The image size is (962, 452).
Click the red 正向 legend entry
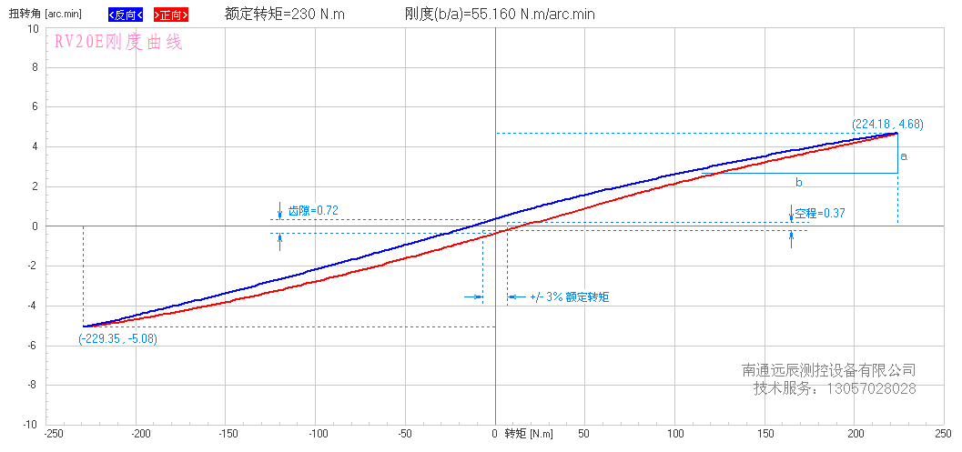click(x=171, y=15)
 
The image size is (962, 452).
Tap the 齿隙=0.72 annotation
click(x=313, y=211)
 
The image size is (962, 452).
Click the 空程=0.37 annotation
click(x=820, y=214)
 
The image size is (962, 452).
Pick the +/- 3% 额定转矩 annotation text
click(x=569, y=296)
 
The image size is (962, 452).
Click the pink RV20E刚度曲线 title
click(x=118, y=43)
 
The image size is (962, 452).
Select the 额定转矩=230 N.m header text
click(x=285, y=15)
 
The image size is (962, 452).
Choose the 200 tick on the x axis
click(x=855, y=435)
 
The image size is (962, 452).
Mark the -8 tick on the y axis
click(x=32, y=385)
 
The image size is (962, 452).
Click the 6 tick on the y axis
click(x=35, y=106)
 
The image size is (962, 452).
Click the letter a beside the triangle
click(x=904, y=156)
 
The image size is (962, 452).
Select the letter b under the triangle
click(x=798, y=183)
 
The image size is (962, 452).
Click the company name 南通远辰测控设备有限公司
click(x=829, y=370)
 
